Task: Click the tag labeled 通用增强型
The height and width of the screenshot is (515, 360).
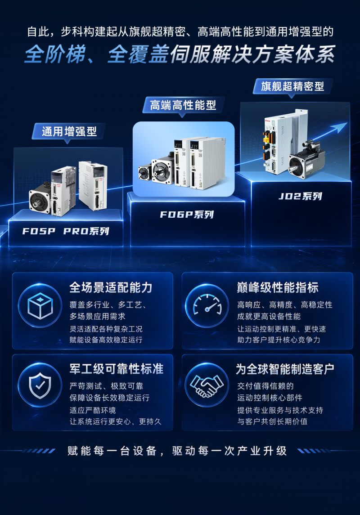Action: pos(69,132)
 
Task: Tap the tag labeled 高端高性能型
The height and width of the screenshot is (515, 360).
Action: pos(183,105)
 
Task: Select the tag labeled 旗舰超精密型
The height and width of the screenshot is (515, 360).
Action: pos(292,86)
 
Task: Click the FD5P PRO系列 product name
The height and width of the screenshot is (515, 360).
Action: pos(65,231)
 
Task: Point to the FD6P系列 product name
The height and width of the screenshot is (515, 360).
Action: pos(187,215)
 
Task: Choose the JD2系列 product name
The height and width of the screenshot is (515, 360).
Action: pos(300,197)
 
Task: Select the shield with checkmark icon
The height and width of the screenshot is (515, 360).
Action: pos(40,385)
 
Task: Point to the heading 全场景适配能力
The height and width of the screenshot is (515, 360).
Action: pos(111,288)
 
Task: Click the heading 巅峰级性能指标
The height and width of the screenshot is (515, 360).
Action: pos(278,288)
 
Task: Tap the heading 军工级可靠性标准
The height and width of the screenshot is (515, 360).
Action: pos(116,369)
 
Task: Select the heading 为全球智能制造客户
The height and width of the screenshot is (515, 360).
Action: pos(285,369)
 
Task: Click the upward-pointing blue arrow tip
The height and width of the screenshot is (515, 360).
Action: pos(346,123)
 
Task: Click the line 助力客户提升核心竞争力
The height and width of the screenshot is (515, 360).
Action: pos(279,340)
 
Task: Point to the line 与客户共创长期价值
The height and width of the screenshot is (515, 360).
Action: pos(272,421)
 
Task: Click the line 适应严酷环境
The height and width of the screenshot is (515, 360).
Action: pos(93,410)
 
